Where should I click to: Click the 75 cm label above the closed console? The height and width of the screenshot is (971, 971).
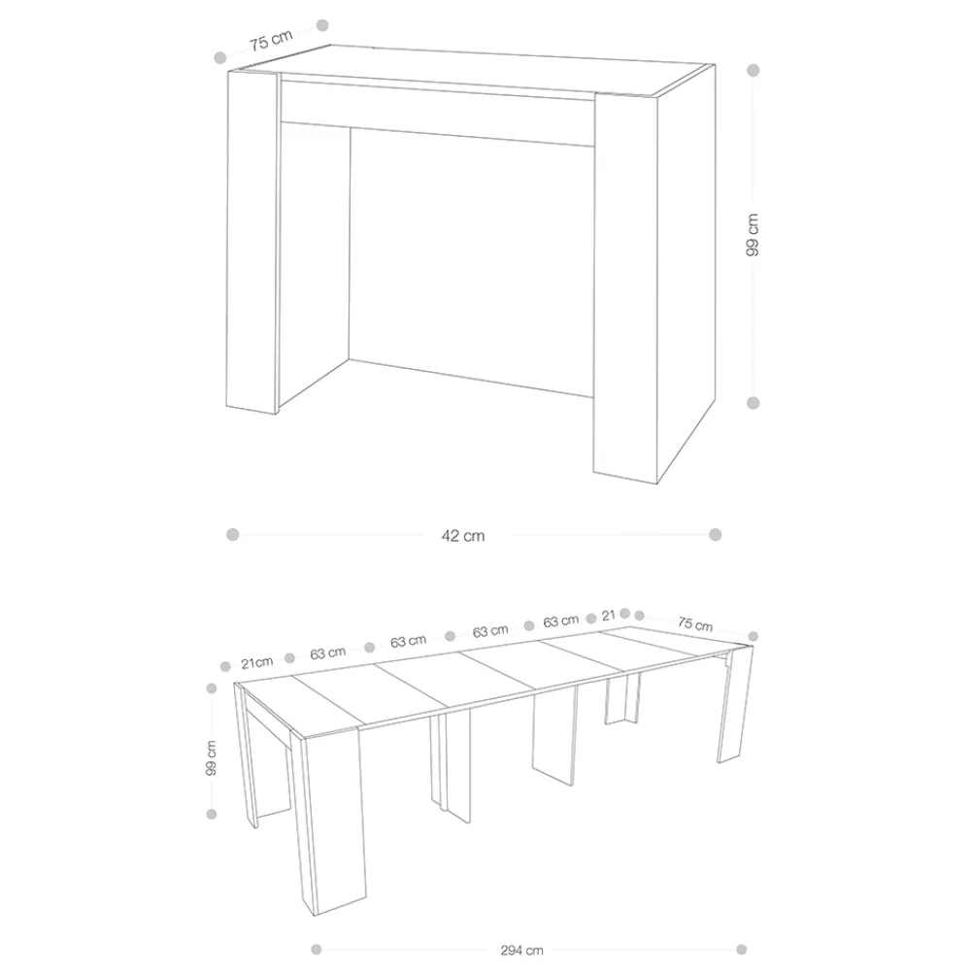pos(271,40)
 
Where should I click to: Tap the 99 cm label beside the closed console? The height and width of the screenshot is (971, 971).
pos(753,235)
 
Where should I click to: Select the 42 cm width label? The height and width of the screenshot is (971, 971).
pos(463,536)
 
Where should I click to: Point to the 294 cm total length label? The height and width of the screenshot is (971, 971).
pos(522,950)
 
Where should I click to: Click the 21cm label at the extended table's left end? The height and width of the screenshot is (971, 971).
pos(257,662)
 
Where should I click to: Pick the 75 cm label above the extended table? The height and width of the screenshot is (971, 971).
pos(695,623)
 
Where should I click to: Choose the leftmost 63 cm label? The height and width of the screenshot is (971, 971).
pos(328,653)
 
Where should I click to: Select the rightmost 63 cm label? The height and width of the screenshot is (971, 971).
pos(561,620)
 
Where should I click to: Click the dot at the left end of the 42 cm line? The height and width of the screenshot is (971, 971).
pos(233,534)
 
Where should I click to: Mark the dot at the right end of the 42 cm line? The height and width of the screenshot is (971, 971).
pos(716,534)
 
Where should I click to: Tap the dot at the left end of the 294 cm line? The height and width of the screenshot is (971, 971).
pos(317,950)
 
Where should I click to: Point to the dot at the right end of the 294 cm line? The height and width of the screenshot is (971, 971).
pos(741,950)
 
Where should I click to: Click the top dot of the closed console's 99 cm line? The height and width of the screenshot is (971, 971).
pos(753,70)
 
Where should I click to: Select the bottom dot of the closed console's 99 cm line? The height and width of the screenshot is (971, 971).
pos(753,403)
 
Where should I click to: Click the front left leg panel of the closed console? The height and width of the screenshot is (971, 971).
pos(253,242)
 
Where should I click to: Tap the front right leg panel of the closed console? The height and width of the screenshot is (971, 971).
pos(625,288)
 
